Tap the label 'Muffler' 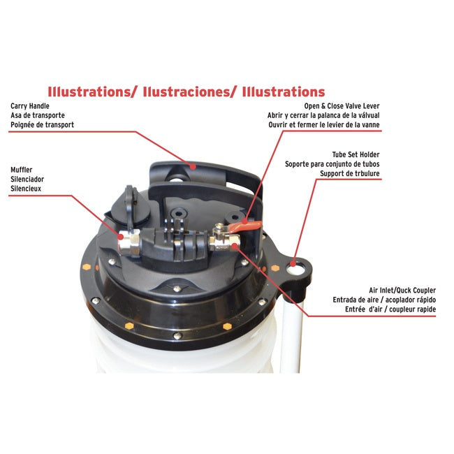click(22, 169)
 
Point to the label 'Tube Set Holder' click(356, 154)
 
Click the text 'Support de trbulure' click(351, 173)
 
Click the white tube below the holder click(291, 335)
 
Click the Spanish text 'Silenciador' click(28, 179)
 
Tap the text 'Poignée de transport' click(42, 126)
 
